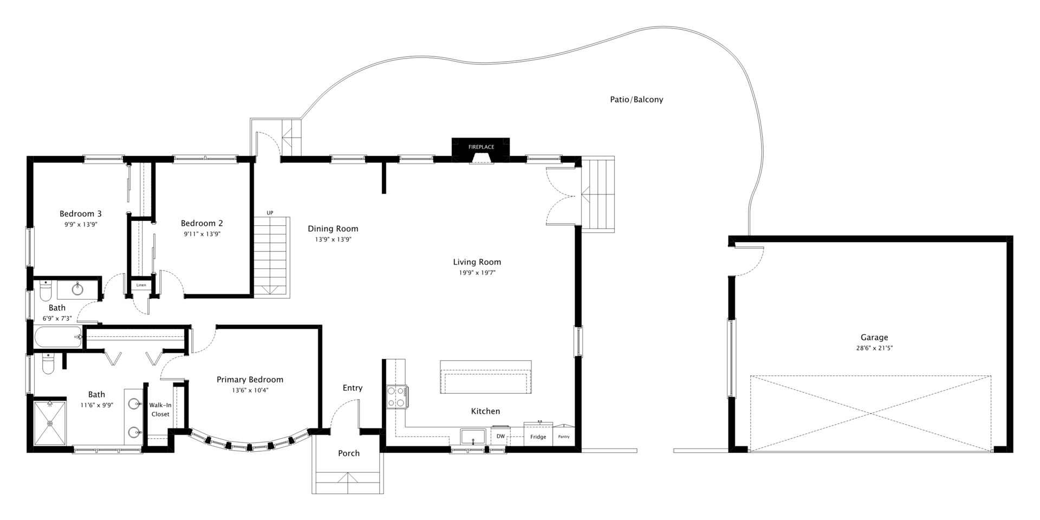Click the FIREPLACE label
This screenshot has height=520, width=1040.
pos(481,147)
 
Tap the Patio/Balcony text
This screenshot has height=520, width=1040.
pos(636,100)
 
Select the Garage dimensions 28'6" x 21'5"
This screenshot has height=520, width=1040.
pos(874,348)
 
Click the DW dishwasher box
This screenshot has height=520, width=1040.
pos(500,436)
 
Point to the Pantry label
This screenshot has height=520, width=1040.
pos(564,437)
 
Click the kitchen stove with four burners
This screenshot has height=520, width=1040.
pos(397,396)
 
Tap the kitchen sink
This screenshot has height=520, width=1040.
pos(473,437)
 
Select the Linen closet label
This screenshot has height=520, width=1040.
pos(141,285)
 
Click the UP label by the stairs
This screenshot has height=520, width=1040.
pos(270,213)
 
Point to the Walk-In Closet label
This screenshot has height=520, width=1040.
pos(160,409)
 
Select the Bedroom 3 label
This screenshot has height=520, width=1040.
pos(81,214)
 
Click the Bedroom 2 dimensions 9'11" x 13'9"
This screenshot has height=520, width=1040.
pos(202,235)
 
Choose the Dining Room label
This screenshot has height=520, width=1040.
pos(333,229)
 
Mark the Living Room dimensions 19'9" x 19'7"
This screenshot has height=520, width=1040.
pos(477,273)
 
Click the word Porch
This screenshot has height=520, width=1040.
pos(349,453)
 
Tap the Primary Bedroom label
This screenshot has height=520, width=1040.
pos(250,380)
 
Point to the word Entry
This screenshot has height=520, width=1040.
pos(353,388)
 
